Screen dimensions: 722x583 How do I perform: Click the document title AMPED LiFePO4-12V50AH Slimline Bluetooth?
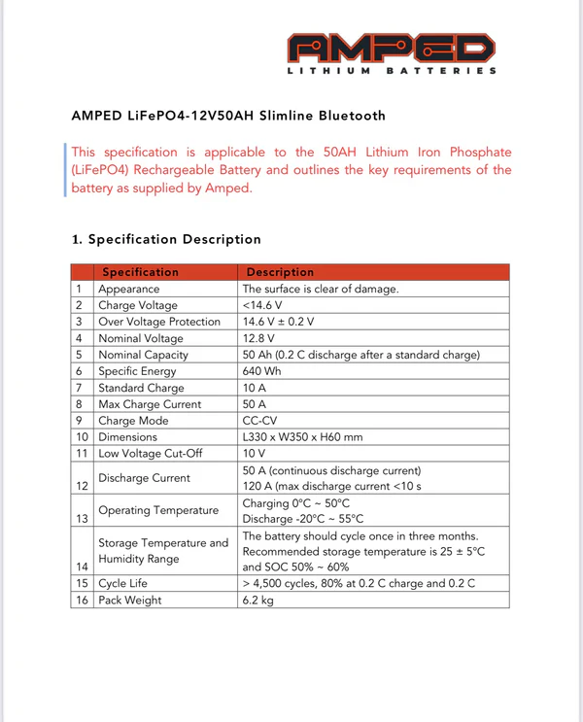228,116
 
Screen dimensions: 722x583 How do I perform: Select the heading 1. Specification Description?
166,239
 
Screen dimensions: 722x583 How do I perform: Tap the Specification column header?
141,272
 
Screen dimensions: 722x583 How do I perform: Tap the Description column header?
280,272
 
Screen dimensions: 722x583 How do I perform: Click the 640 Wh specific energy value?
261,371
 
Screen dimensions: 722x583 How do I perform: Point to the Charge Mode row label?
133,421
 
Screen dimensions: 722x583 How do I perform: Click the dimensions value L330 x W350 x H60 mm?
301,437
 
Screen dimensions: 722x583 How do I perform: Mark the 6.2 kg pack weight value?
258,601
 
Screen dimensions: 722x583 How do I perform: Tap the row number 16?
83,601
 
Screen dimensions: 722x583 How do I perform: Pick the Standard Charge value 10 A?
256,388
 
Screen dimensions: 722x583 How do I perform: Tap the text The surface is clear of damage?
320,289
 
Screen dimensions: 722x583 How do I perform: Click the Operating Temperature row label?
157,510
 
